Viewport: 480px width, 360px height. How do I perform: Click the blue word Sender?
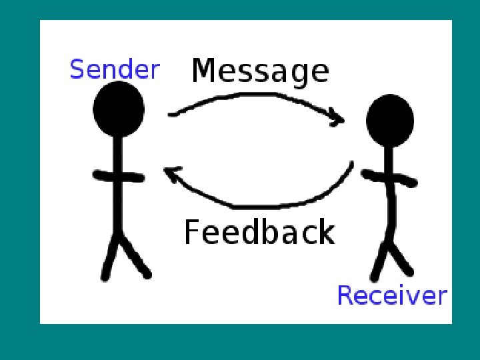tap(115, 69)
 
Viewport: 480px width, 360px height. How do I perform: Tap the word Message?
tap(260, 71)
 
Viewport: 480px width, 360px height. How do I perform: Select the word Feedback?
tap(259, 232)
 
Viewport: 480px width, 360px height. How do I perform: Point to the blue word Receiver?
tap(391, 295)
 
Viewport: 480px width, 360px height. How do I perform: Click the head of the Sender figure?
tap(119, 109)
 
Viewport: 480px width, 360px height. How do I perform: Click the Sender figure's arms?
tap(118, 177)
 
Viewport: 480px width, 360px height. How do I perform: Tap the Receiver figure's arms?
tap(389, 177)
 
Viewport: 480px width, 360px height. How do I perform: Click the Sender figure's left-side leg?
tap(109, 261)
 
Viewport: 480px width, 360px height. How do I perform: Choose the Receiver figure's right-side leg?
tap(401, 261)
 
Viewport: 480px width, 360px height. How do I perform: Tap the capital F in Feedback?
tap(191, 232)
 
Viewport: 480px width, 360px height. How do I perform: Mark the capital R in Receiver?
tap(345, 295)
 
